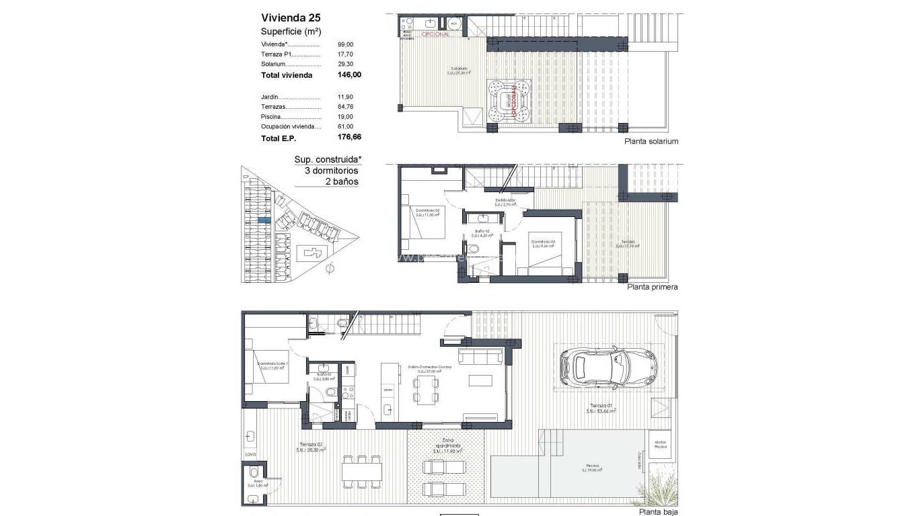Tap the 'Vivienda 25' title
pyautogui.click(x=286, y=18)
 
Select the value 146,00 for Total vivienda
pyautogui.click(x=349, y=75)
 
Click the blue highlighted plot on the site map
pyautogui.click(x=265, y=220)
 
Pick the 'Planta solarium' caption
pyautogui.click(x=651, y=141)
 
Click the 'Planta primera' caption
pyautogui.click(x=652, y=286)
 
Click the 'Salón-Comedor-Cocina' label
pyautogui.click(x=429, y=368)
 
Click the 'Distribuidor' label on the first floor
pyautogui.click(x=505, y=201)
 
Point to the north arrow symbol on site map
pyautogui.click(x=329, y=269)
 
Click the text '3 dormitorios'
pyautogui.click(x=332, y=171)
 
